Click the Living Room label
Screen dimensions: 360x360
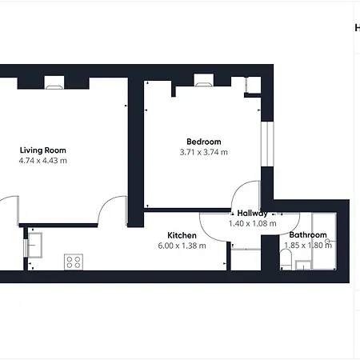tap(42, 150)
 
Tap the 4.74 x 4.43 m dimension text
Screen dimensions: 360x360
tap(42, 160)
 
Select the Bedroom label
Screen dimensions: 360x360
tap(203, 141)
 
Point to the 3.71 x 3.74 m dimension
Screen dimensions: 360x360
tap(203, 151)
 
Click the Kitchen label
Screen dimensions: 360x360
tap(182, 234)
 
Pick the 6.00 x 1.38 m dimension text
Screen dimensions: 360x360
tap(182, 245)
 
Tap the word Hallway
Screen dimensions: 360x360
tap(252, 213)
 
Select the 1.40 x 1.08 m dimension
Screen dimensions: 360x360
tap(252, 223)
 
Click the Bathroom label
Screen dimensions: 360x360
tap(308, 234)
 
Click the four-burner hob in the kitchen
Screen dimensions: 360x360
tap(74, 262)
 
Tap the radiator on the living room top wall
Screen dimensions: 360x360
tap(54, 81)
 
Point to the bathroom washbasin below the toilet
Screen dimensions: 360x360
tap(302, 265)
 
